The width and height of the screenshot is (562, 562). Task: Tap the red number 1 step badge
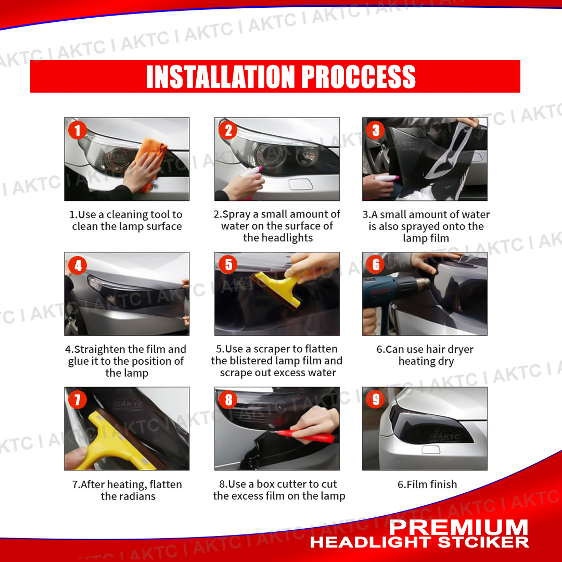pos(78,130)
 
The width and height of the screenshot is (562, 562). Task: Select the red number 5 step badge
pos(228,264)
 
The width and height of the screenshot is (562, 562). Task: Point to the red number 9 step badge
pos(376,399)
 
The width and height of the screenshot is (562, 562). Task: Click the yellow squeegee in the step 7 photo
pos(114,444)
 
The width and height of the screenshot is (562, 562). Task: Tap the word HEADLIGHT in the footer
pos(372,542)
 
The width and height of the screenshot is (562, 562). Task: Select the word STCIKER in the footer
pos(483,542)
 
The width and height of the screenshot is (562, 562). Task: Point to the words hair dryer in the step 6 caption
pos(444,350)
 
